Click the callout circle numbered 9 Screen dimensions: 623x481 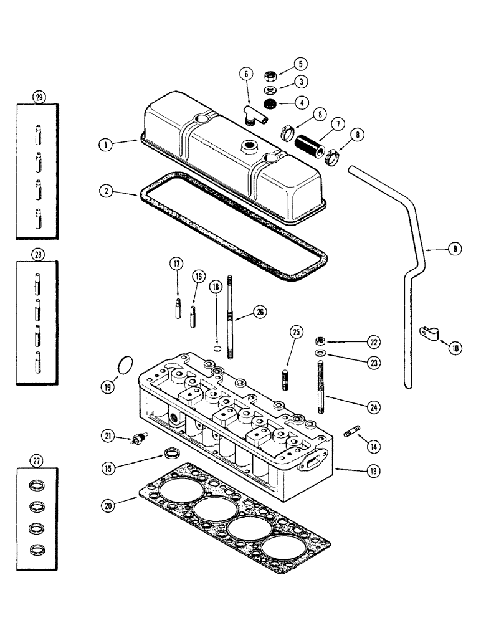tap(454, 249)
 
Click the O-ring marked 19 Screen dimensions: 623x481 tap(125, 364)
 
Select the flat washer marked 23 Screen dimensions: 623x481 tap(318, 355)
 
